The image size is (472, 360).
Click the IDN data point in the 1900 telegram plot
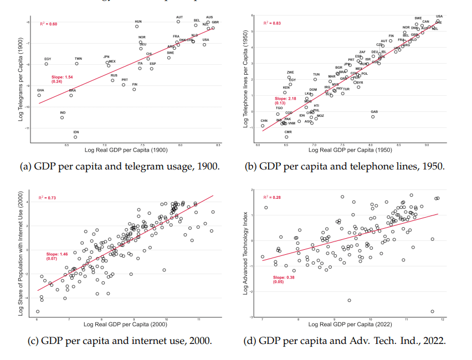point(75,137)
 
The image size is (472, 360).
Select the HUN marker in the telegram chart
point(137,27)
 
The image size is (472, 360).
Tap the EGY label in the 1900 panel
point(48,59)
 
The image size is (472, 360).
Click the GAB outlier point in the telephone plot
point(373,116)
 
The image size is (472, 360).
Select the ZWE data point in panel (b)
point(289,78)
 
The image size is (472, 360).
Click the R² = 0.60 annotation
point(48,24)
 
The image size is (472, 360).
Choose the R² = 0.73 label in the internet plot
point(48,198)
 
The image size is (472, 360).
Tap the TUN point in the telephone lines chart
point(315,79)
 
